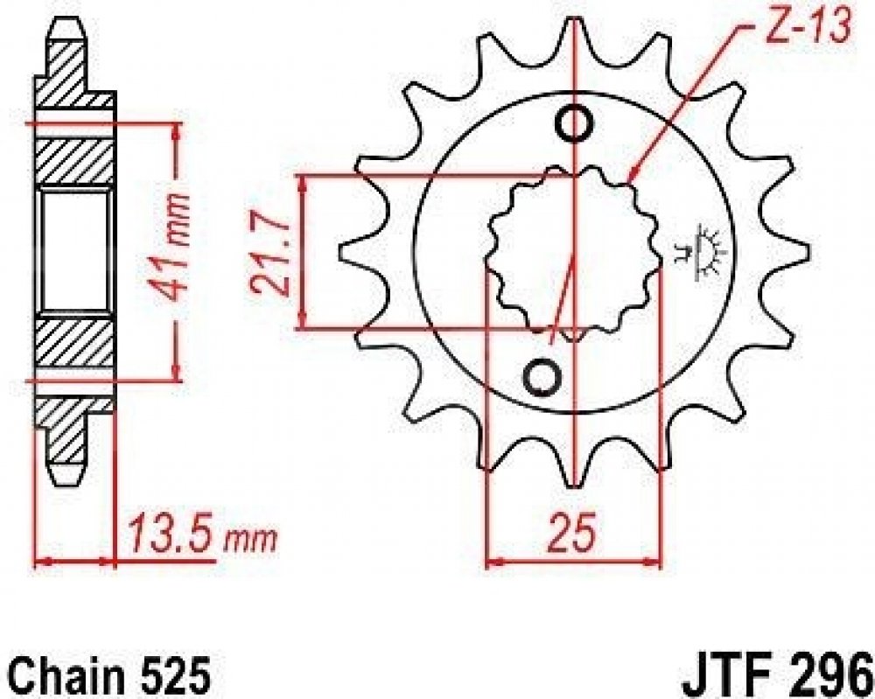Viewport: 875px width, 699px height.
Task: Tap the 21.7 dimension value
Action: [x=268, y=252]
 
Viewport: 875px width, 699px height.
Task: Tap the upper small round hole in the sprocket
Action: [x=574, y=124]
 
